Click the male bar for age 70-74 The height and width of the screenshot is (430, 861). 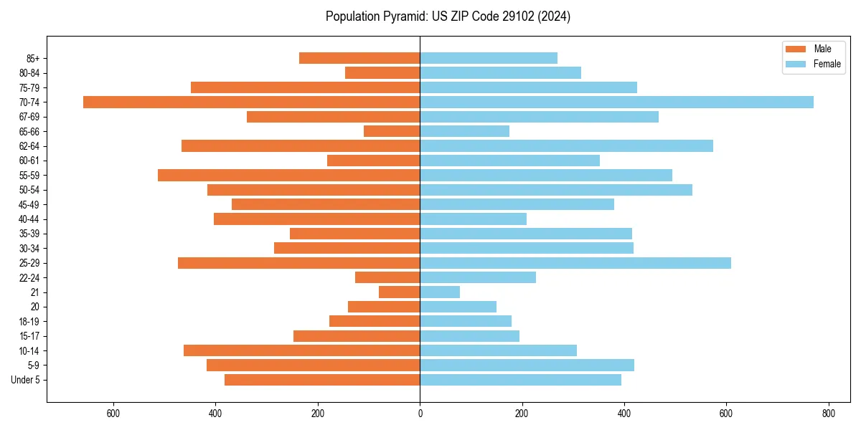(x=251, y=102)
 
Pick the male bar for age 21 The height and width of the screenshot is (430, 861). (x=399, y=292)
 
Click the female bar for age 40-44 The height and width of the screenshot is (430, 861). (x=473, y=219)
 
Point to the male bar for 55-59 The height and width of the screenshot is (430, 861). (x=288, y=175)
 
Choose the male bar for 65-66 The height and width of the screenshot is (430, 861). (x=392, y=131)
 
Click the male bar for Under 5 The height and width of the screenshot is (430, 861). (x=322, y=380)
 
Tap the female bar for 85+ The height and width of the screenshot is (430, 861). (x=489, y=58)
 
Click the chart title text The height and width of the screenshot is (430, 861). (x=448, y=16)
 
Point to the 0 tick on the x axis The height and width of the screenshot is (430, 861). (x=420, y=413)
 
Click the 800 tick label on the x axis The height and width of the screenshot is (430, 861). (x=828, y=413)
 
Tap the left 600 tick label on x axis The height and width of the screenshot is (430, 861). (x=113, y=413)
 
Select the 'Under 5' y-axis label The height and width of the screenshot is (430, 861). (x=26, y=380)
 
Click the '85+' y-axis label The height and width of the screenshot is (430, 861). (x=32, y=58)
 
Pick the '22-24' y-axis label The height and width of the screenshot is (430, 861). (x=30, y=277)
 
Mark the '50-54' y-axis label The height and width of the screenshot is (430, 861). (x=30, y=190)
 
